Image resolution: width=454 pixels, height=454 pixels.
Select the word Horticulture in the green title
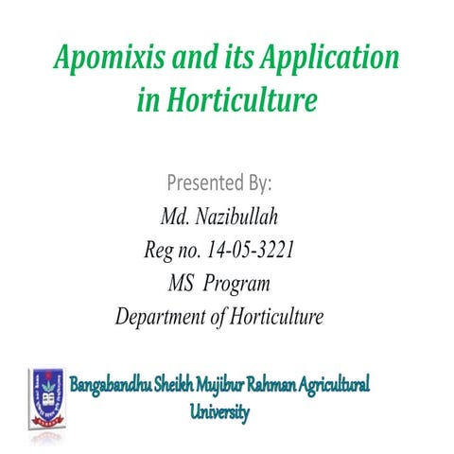240,101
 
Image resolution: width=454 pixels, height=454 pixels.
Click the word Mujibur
245,387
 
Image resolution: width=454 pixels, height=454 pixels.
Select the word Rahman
296,387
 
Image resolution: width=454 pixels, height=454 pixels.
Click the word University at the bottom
220,412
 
